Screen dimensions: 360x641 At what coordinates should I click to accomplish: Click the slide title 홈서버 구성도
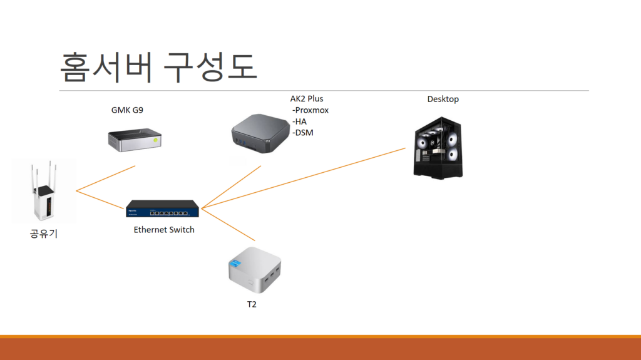click(x=159, y=66)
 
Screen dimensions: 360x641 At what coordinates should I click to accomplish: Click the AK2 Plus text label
click(x=307, y=98)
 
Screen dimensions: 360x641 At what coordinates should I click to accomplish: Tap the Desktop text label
click(x=443, y=99)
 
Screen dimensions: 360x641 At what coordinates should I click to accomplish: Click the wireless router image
click(x=43, y=191)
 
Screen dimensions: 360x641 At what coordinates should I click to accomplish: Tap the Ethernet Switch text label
click(x=164, y=230)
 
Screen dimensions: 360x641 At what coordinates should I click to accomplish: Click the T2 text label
click(x=252, y=305)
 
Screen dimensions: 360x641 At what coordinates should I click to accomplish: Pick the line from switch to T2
click(x=228, y=224)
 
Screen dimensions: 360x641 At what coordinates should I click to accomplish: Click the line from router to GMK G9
click(x=105, y=178)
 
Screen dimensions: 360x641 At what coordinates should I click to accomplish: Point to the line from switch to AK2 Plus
click(x=232, y=186)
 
